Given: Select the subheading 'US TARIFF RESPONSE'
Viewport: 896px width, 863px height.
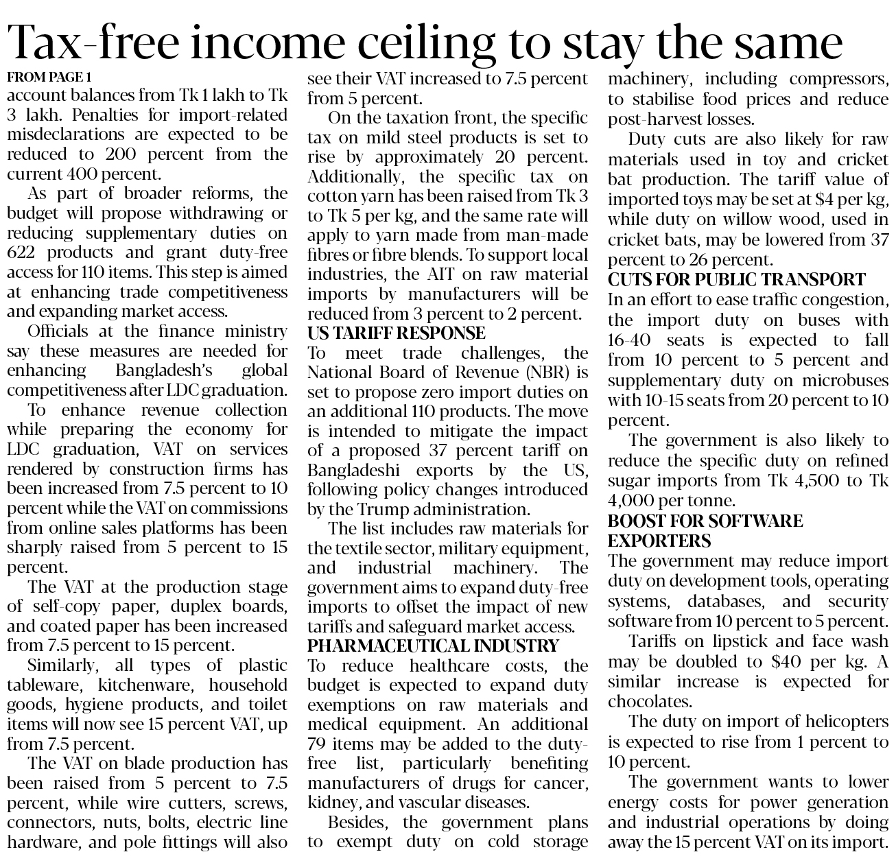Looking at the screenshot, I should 396,333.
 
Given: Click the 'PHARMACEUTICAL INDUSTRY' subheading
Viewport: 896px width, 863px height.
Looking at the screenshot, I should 433,646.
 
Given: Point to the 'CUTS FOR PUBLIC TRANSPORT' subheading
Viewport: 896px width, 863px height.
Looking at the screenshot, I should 737,280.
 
